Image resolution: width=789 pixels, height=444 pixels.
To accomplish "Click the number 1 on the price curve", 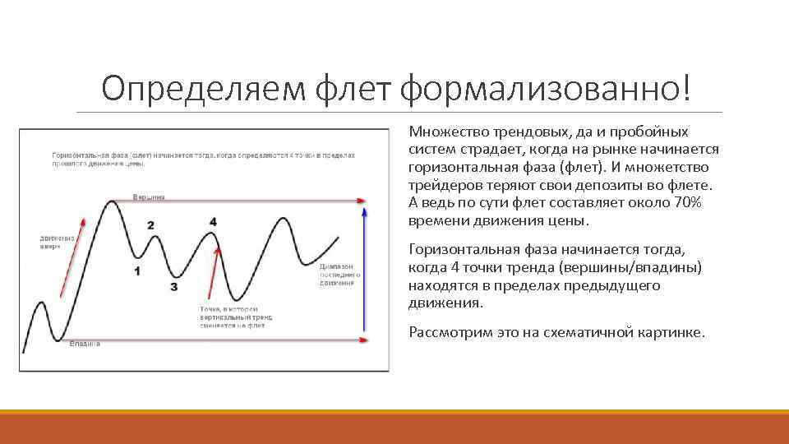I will coord(137,271).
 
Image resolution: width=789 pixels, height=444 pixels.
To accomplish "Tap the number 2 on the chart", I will coord(150,224).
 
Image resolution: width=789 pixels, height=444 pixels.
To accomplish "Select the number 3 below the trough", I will coord(173,287).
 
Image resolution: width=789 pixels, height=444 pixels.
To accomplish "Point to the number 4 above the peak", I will coord(213,222).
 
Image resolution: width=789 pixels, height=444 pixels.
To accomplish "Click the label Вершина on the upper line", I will coord(149,197).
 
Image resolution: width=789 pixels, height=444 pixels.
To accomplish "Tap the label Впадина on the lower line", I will coord(85,343).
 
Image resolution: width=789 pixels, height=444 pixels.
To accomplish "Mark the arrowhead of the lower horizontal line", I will coord(362,340).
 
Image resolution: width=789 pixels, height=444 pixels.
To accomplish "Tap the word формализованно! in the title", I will coord(547,87).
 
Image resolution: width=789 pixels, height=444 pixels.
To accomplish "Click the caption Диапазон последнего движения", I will coord(337,275).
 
